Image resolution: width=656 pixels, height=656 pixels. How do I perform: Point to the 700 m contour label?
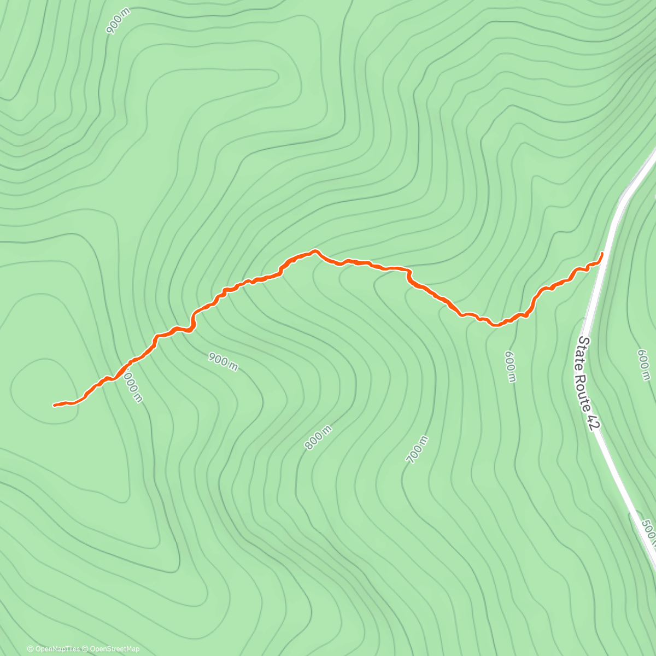418,449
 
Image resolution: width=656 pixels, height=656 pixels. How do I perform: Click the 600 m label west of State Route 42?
509,366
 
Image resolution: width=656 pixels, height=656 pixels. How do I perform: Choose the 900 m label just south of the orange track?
223,361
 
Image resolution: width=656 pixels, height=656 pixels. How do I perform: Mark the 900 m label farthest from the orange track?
118,22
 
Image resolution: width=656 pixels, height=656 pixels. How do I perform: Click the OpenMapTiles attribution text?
56,649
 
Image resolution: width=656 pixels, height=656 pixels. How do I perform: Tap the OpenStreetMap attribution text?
114,649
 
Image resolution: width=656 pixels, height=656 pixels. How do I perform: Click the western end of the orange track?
54,405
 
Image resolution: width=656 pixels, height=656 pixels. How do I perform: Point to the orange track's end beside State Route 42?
602,254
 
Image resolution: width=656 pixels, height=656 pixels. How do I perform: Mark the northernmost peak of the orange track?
315,251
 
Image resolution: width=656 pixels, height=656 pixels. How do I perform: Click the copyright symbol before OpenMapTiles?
30,649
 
